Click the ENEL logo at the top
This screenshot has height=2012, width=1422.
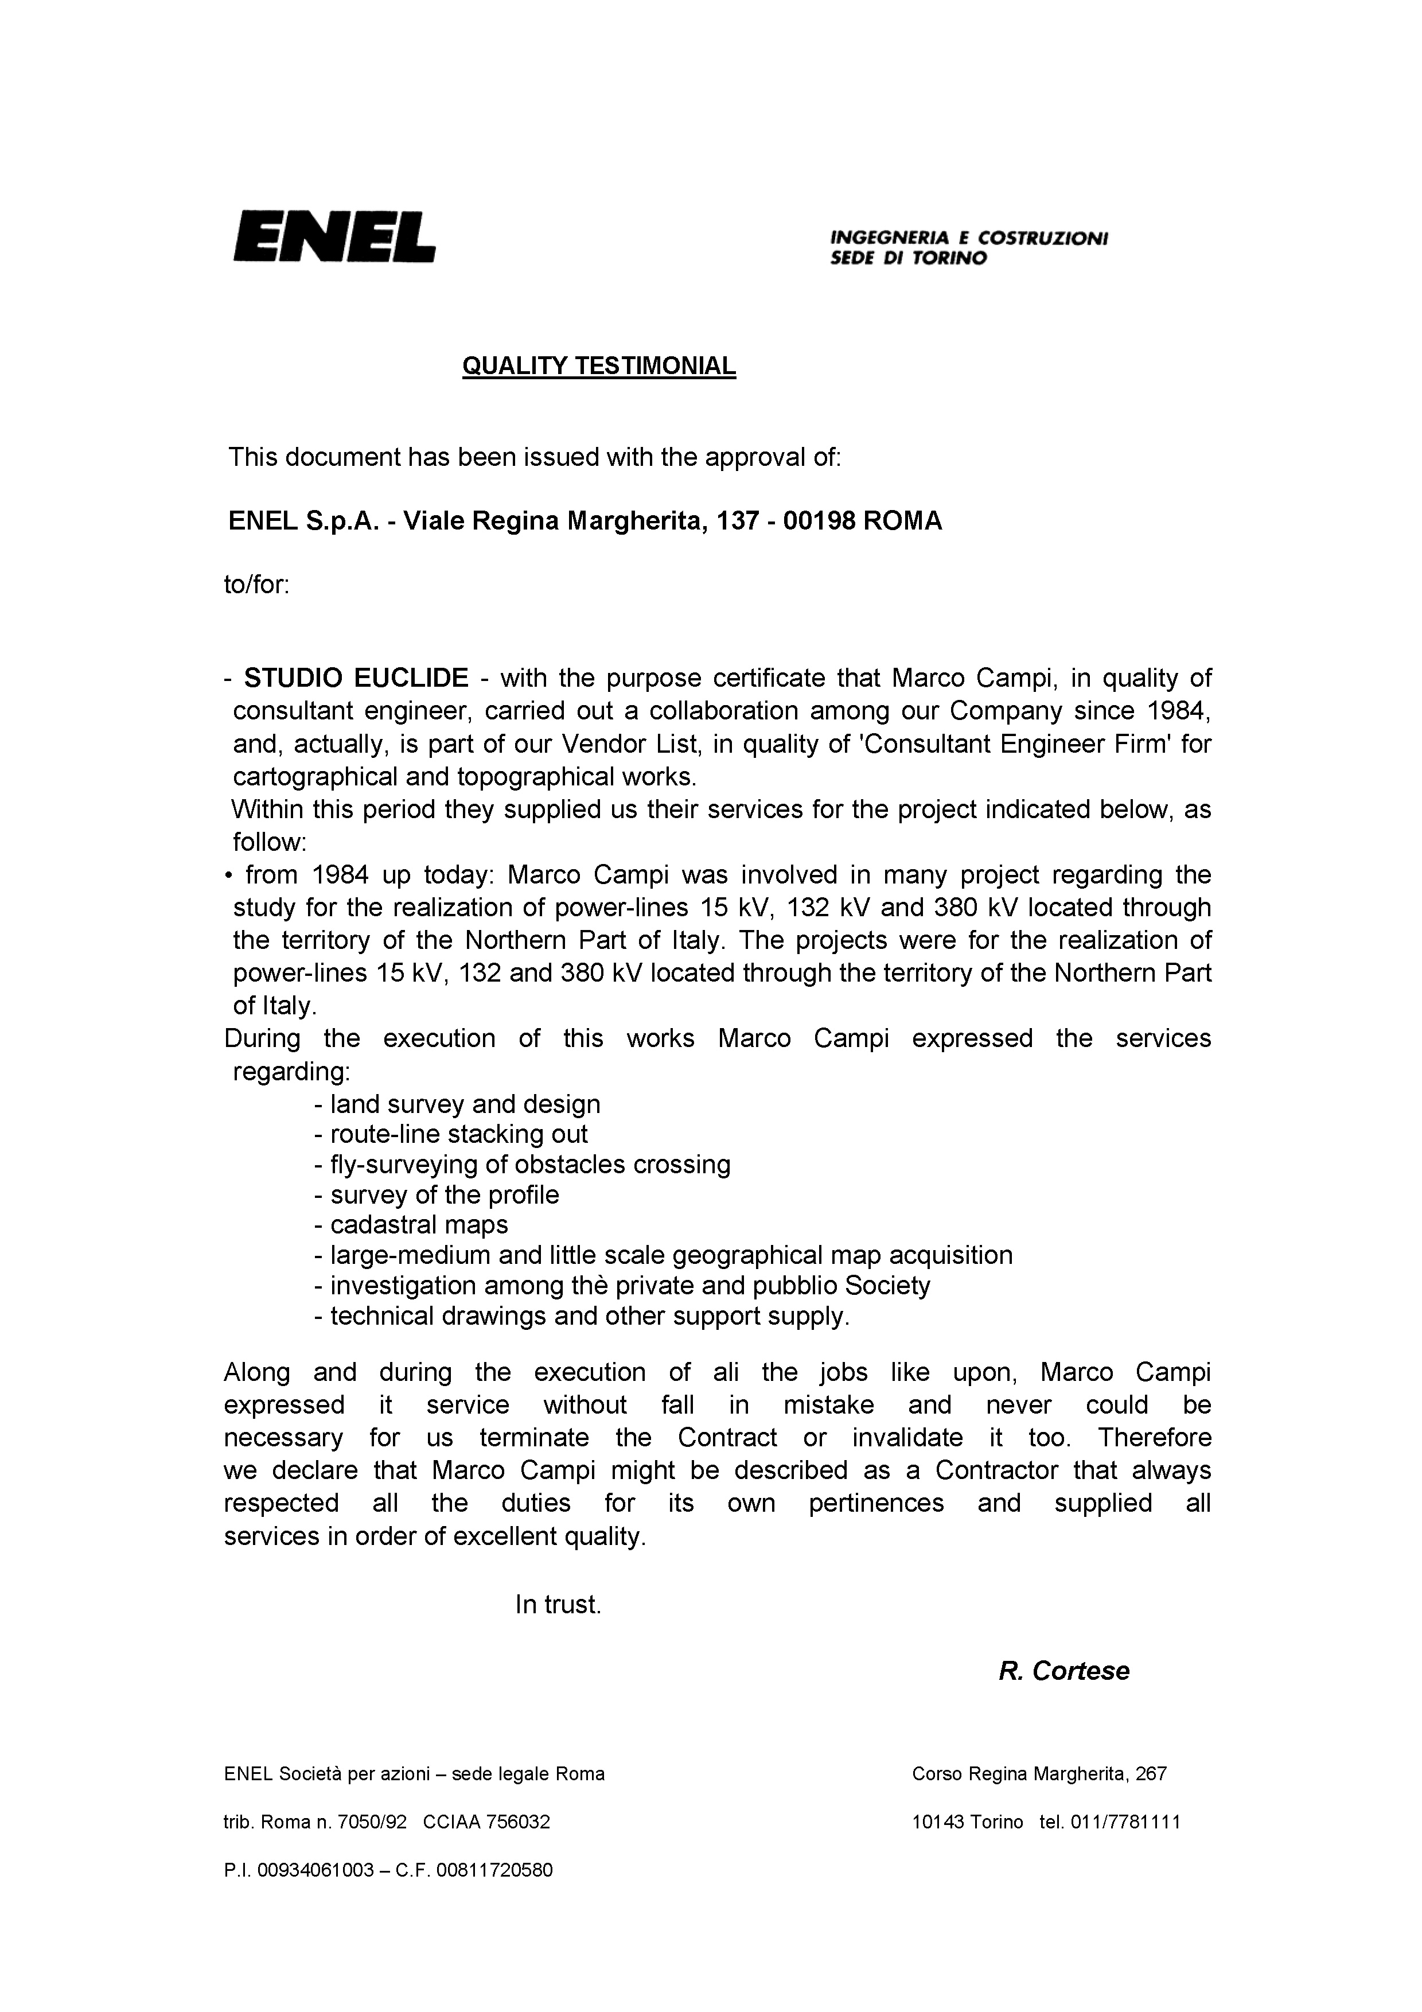pos(334,236)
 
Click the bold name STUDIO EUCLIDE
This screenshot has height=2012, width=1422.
pos(356,678)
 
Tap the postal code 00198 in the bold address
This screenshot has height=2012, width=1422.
pos(819,522)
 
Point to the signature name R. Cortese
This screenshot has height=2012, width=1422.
pos(1063,1671)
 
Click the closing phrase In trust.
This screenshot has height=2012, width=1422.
pos(558,1605)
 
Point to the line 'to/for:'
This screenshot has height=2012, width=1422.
pos(257,585)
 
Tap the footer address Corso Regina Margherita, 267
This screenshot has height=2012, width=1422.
pos(1039,1774)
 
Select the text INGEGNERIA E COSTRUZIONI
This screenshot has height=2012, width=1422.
pos(969,238)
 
